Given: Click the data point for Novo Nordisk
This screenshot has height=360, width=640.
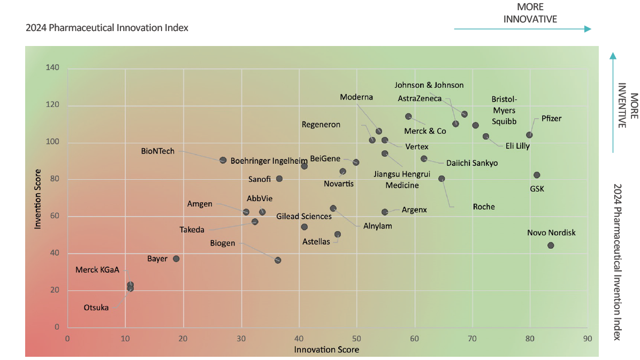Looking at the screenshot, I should tap(551, 246).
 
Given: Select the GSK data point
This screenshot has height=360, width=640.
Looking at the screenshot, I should tap(537, 175).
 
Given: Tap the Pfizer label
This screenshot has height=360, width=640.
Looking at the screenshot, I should tap(551, 118).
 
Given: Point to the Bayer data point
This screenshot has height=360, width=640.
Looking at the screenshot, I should tap(176, 259).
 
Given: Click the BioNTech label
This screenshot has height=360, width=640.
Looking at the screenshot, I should tap(158, 151).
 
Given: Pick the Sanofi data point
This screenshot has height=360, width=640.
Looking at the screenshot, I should tap(279, 179).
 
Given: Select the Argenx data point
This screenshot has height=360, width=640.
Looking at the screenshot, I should tap(385, 212).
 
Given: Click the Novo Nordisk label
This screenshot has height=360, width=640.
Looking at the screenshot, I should tap(551, 233).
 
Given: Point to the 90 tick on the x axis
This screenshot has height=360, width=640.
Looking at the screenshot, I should tap(588, 338).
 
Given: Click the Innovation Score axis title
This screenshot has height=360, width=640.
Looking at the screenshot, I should tap(326, 349).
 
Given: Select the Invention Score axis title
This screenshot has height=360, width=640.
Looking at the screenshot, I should tap(37, 199).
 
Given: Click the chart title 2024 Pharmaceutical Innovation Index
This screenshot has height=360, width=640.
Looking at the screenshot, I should tap(107, 28).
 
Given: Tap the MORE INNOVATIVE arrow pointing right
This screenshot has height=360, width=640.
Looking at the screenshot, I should tap(522, 29).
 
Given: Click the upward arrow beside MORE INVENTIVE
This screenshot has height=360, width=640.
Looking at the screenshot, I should tap(613, 102).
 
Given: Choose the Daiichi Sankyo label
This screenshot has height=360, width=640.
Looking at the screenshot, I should tap(471, 163).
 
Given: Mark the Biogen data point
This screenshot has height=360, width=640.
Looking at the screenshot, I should tap(278, 260).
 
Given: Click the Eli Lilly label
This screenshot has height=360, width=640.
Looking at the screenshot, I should tap(517, 145).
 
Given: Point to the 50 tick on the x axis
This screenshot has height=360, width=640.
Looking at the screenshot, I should tap(356, 338).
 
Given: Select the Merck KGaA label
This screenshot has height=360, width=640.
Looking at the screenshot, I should tap(97, 270).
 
